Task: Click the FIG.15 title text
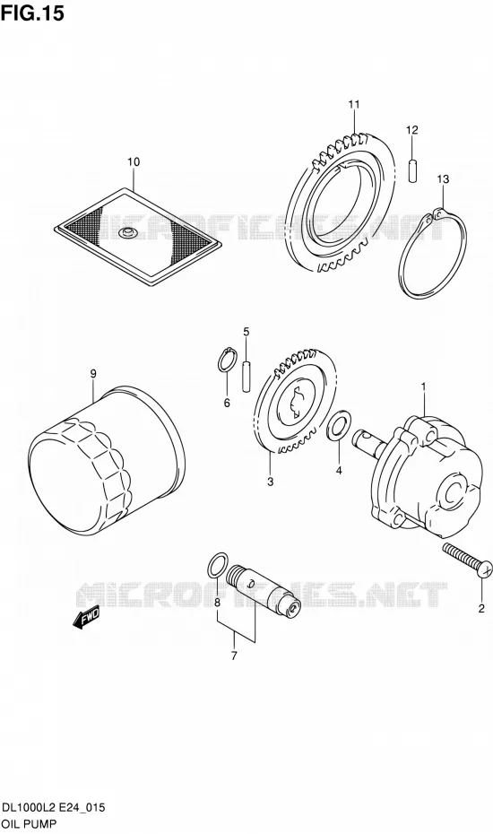[x=32, y=13]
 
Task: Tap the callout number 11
[x=354, y=105]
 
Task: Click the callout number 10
[x=134, y=161]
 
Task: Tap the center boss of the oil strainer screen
[x=127, y=232]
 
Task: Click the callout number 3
[x=270, y=482]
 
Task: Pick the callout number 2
[x=481, y=609]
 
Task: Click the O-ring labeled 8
[x=217, y=566]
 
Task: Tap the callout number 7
[x=233, y=656]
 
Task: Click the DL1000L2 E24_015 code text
[x=54, y=809]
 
